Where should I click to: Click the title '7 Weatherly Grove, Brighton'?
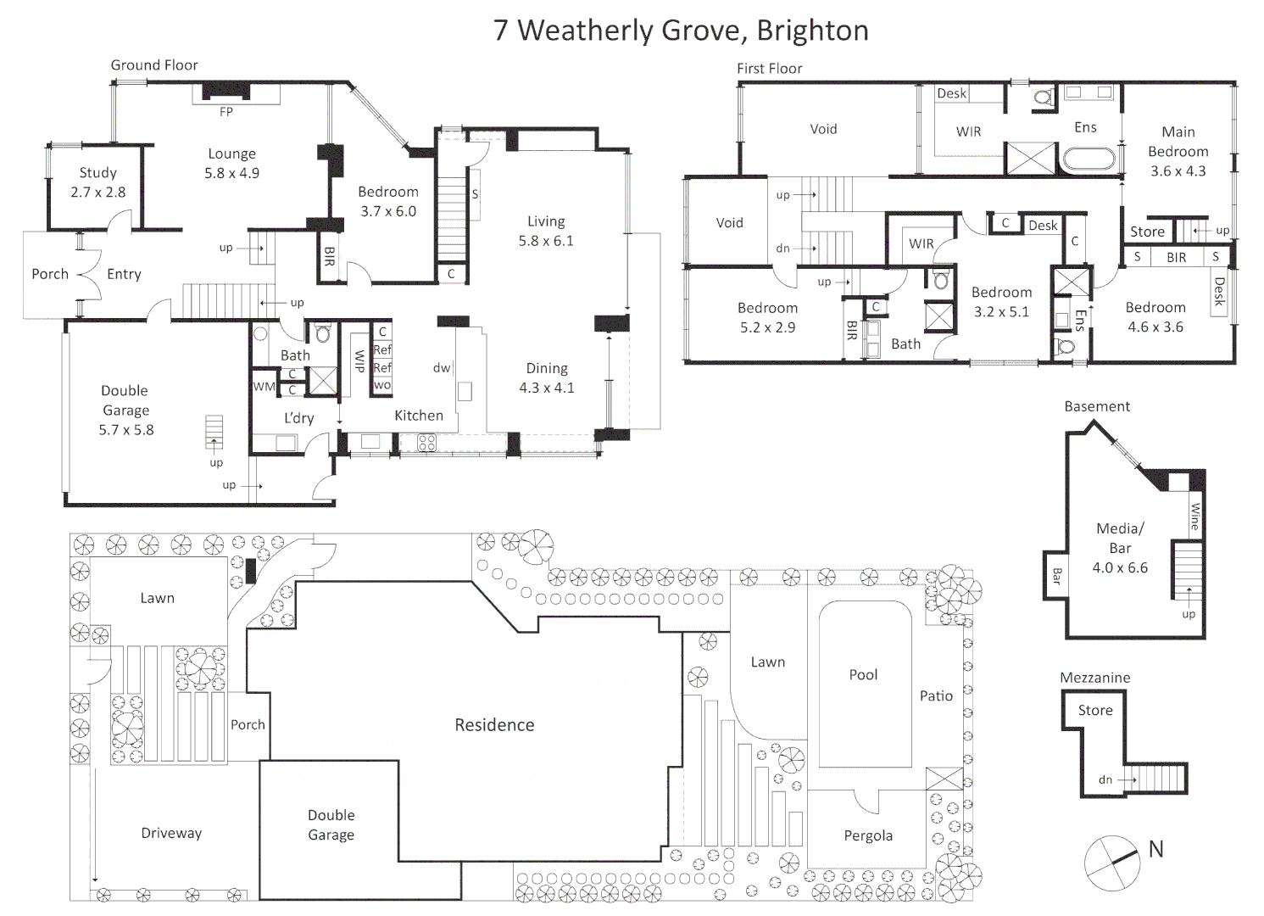click(x=681, y=31)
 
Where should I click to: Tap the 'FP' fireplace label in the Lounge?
click(x=226, y=112)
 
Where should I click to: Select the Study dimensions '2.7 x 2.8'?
click(x=98, y=192)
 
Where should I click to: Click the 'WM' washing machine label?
click(x=264, y=387)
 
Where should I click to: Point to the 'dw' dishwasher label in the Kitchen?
click(x=442, y=368)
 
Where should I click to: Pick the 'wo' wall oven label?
click(x=382, y=385)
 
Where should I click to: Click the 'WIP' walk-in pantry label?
click(x=359, y=360)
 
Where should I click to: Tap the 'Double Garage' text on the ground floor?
click(x=125, y=400)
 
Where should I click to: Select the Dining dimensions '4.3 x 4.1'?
click(x=547, y=388)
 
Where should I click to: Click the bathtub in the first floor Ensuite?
click(x=1089, y=159)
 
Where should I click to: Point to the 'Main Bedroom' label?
click(x=1178, y=142)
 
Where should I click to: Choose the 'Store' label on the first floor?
click(x=1147, y=232)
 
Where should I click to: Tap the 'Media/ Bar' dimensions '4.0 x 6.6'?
click(x=1120, y=567)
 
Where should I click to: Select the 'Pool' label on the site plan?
click(x=863, y=674)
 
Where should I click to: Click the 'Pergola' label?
click(x=868, y=836)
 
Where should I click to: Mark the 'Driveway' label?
click(x=171, y=833)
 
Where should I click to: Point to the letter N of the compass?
click(x=1156, y=849)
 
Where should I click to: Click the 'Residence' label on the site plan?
click(x=495, y=724)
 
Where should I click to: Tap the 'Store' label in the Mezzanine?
click(x=1095, y=710)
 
